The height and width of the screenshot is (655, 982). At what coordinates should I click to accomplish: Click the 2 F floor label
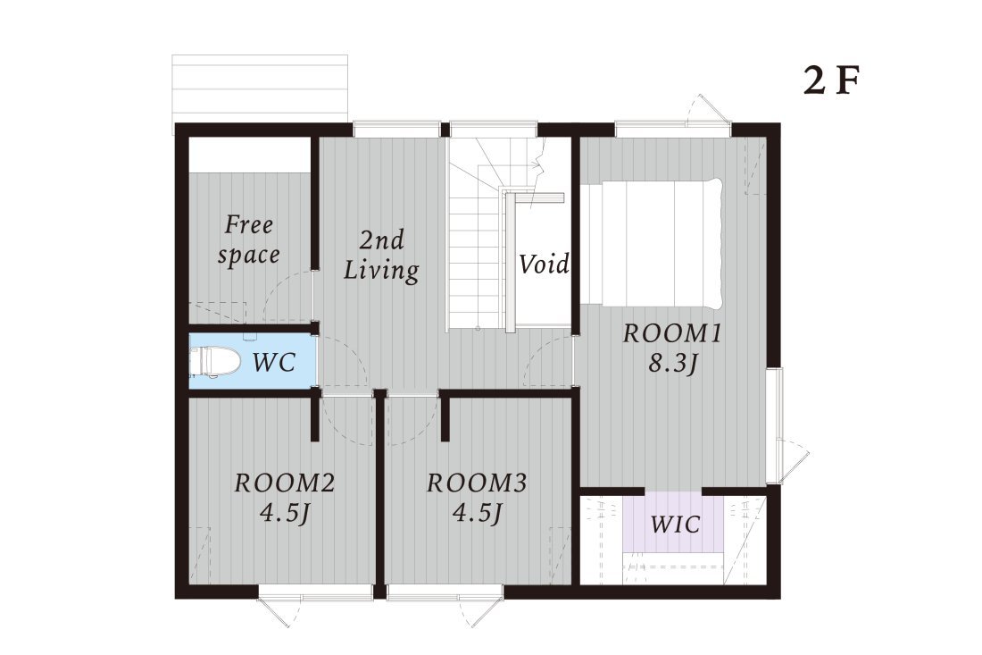click(x=831, y=80)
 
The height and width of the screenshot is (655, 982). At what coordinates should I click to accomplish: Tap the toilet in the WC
click(x=215, y=362)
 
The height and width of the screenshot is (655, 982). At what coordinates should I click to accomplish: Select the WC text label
click(x=274, y=362)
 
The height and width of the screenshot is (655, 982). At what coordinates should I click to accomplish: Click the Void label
click(x=544, y=264)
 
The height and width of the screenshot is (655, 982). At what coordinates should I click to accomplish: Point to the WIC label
click(x=675, y=524)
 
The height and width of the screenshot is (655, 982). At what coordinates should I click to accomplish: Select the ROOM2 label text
click(x=285, y=483)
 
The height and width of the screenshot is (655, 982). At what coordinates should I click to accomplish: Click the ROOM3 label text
click(x=478, y=483)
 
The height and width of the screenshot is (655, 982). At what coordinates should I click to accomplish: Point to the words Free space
click(x=249, y=240)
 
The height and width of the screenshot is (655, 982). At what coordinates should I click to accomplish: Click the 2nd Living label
click(x=381, y=255)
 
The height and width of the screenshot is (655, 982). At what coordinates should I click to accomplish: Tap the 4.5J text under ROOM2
click(x=285, y=514)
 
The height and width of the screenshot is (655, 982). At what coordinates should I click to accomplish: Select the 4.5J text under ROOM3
click(x=478, y=514)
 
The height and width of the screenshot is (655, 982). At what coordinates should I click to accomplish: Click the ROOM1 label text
click(x=672, y=333)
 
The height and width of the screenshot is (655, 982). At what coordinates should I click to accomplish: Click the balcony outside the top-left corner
click(x=260, y=89)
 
